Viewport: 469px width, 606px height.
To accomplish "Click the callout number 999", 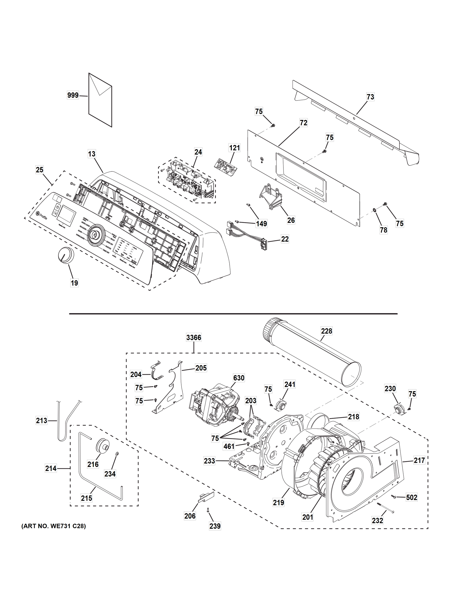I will click(x=73, y=95).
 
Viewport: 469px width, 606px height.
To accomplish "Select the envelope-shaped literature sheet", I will click(x=100, y=100).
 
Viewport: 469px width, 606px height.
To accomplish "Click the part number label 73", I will click(x=370, y=97).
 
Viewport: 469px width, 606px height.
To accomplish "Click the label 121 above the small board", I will click(x=234, y=148).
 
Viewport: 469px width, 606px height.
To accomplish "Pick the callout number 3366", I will click(x=194, y=338).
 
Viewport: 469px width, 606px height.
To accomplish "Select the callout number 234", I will click(x=110, y=474).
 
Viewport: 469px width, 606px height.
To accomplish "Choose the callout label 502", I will click(x=412, y=497).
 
